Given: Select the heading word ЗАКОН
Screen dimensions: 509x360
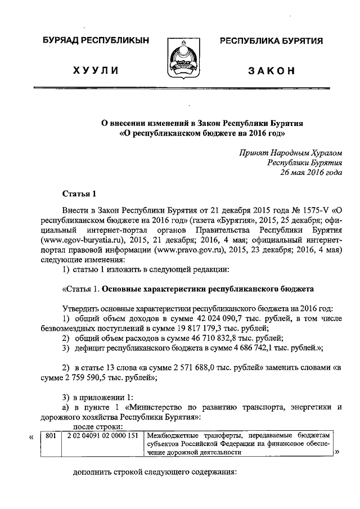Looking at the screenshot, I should pyautogui.click(x=272, y=70).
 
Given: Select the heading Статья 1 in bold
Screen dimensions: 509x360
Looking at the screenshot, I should pyautogui.click(x=79, y=194).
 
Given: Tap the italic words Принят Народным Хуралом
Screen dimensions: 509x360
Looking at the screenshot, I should pyautogui.click(x=291, y=152).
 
